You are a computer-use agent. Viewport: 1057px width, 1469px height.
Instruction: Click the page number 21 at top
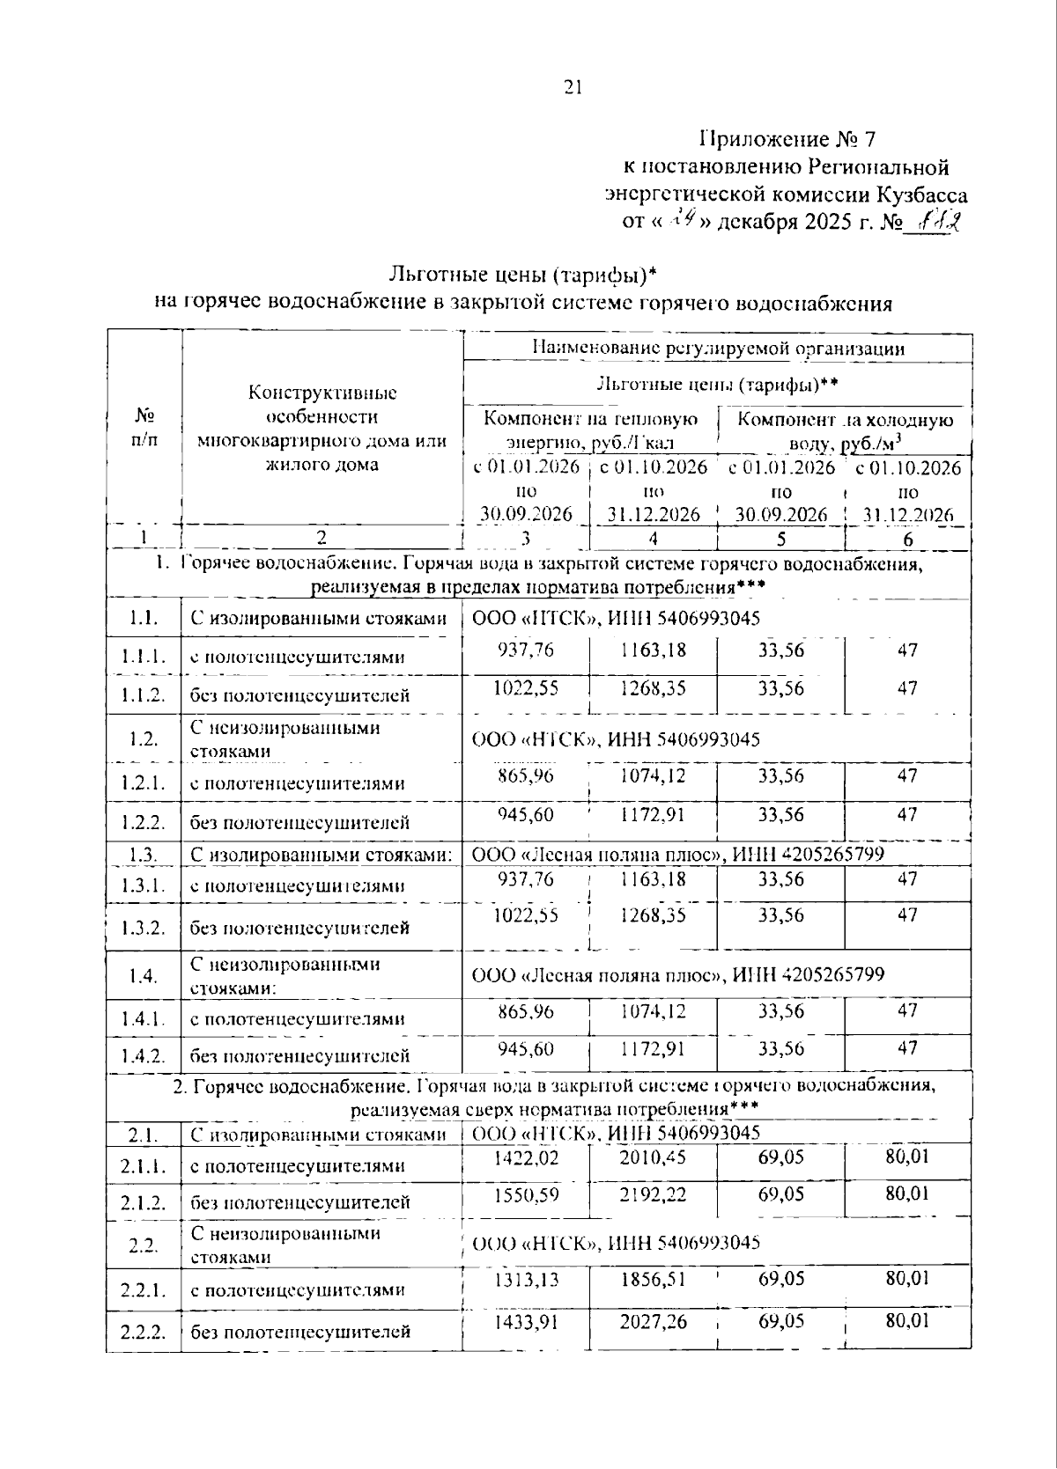pos(573,86)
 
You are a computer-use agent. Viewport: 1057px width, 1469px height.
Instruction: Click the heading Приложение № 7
pos(787,139)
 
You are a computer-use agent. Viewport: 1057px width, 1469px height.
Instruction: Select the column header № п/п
pos(144,426)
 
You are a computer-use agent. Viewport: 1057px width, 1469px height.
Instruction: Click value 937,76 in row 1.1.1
pos(525,650)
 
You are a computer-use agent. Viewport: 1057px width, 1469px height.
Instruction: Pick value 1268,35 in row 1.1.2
pos(652,687)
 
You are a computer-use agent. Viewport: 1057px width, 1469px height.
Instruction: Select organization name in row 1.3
pos(678,854)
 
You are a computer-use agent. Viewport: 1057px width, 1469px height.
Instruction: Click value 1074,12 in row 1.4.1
pos(652,1011)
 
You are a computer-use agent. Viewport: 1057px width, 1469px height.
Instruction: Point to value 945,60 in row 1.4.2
pos(525,1049)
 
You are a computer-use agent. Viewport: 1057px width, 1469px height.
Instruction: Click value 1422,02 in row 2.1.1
pos(525,1157)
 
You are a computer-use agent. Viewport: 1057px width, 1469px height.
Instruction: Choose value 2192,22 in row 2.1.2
pos(652,1194)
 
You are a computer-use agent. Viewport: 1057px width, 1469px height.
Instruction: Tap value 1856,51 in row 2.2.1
pos(652,1279)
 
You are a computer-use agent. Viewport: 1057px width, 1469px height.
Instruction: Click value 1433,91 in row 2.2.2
pos(525,1321)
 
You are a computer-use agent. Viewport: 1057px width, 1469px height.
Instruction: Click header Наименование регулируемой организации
pos(718,348)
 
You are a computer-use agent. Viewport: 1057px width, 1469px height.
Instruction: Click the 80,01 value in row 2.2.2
pos(907,1320)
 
